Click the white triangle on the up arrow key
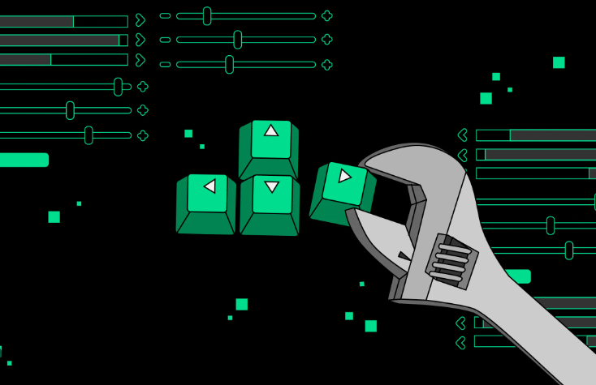(x=271, y=130)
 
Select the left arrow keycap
(x=206, y=203)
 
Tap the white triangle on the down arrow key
(x=272, y=187)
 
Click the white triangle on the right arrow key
(x=345, y=175)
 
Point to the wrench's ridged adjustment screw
(x=451, y=262)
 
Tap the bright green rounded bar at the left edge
(x=24, y=160)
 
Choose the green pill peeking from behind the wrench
(x=520, y=276)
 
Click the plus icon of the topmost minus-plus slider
(x=326, y=15)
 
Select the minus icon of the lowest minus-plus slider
(x=165, y=64)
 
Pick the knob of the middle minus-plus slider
(x=237, y=39)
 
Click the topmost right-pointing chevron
(x=140, y=19)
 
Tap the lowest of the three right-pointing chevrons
(x=140, y=59)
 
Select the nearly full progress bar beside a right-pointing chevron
(x=63, y=40)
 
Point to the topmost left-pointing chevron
(x=463, y=135)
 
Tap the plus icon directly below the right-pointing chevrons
(x=143, y=87)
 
